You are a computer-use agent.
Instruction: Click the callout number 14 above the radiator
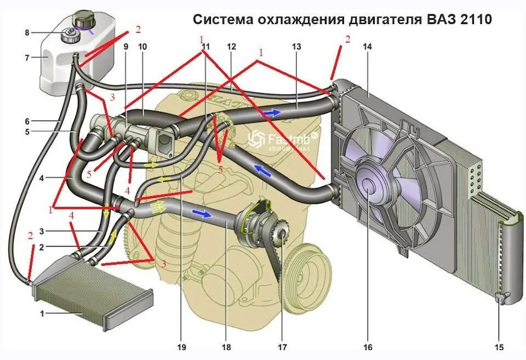pos(367,47)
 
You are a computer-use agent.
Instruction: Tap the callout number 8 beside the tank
pos(27,33)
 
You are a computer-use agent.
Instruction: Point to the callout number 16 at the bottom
pos(368,347)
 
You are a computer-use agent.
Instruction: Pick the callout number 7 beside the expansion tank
pos(27,56)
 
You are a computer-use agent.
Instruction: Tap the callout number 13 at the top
pos(296,47)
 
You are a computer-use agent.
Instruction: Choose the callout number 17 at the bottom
pos(283,347)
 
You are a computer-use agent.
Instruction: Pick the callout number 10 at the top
pos(142,47)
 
